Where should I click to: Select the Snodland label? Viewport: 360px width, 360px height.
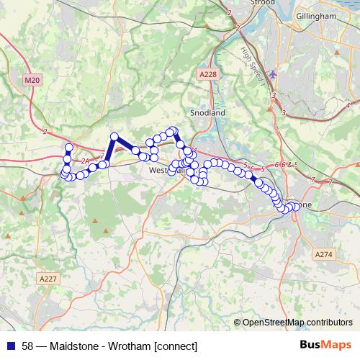tap(208, 113)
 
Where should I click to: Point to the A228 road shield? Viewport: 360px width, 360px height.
tap(207, 73)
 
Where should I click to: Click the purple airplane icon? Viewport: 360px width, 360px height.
tap(271, 74)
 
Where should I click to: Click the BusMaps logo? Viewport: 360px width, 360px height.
tap(325, 345)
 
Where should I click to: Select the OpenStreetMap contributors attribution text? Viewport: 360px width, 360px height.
tap(297, 323)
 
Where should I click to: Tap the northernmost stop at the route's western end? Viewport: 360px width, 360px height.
tap(69, 148)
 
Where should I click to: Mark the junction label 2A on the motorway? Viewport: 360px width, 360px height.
tap(85, 161)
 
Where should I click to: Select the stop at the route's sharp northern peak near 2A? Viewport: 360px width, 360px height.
tap(113, 137)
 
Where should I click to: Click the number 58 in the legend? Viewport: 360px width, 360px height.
tap(27, 345)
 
